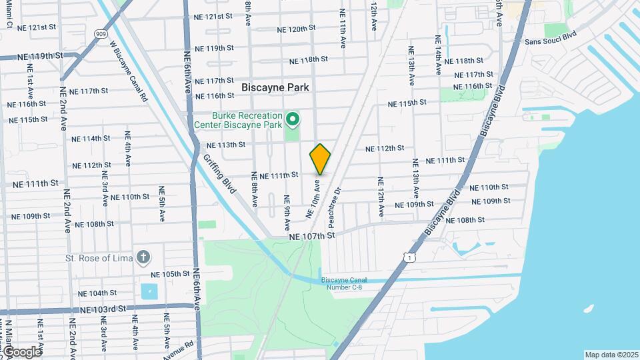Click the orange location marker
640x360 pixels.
[321, 159]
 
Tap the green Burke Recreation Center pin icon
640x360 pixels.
[292, 120]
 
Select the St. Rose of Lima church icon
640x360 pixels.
[143, 257]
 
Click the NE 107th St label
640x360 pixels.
[311, 236]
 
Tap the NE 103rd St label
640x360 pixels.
[103, 309]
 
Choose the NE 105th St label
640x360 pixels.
[171, 274]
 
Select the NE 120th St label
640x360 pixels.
[296, 29]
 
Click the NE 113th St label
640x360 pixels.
[226, 145]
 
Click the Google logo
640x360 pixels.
[21, 351]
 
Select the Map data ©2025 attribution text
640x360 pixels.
[611, 355]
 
